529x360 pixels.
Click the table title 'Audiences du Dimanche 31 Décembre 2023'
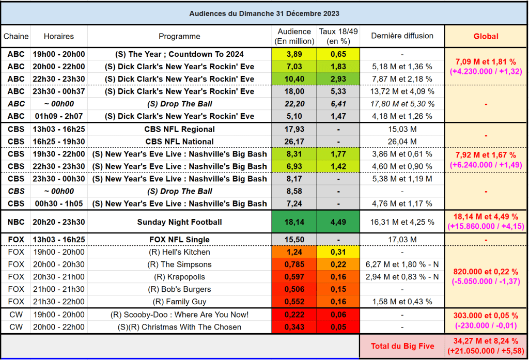264,13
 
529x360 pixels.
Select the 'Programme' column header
179,37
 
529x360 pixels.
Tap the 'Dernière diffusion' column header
402,36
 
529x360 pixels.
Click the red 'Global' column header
486,36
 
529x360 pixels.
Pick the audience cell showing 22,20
294,104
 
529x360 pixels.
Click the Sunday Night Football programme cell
179,222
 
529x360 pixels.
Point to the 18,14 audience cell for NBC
294,222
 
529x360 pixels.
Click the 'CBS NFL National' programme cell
179,142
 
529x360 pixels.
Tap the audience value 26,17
294,142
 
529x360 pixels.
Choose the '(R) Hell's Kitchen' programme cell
179,252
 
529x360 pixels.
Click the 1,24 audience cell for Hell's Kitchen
294,252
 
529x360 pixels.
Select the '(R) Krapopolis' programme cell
179,277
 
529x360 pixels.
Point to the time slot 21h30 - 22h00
58,302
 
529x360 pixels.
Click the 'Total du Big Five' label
402,346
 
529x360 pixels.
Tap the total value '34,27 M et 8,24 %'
486,341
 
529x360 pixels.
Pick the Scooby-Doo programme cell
179,315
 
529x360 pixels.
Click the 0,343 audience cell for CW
294,327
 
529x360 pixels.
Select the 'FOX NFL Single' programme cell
179,240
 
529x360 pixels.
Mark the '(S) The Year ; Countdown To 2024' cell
179,54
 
